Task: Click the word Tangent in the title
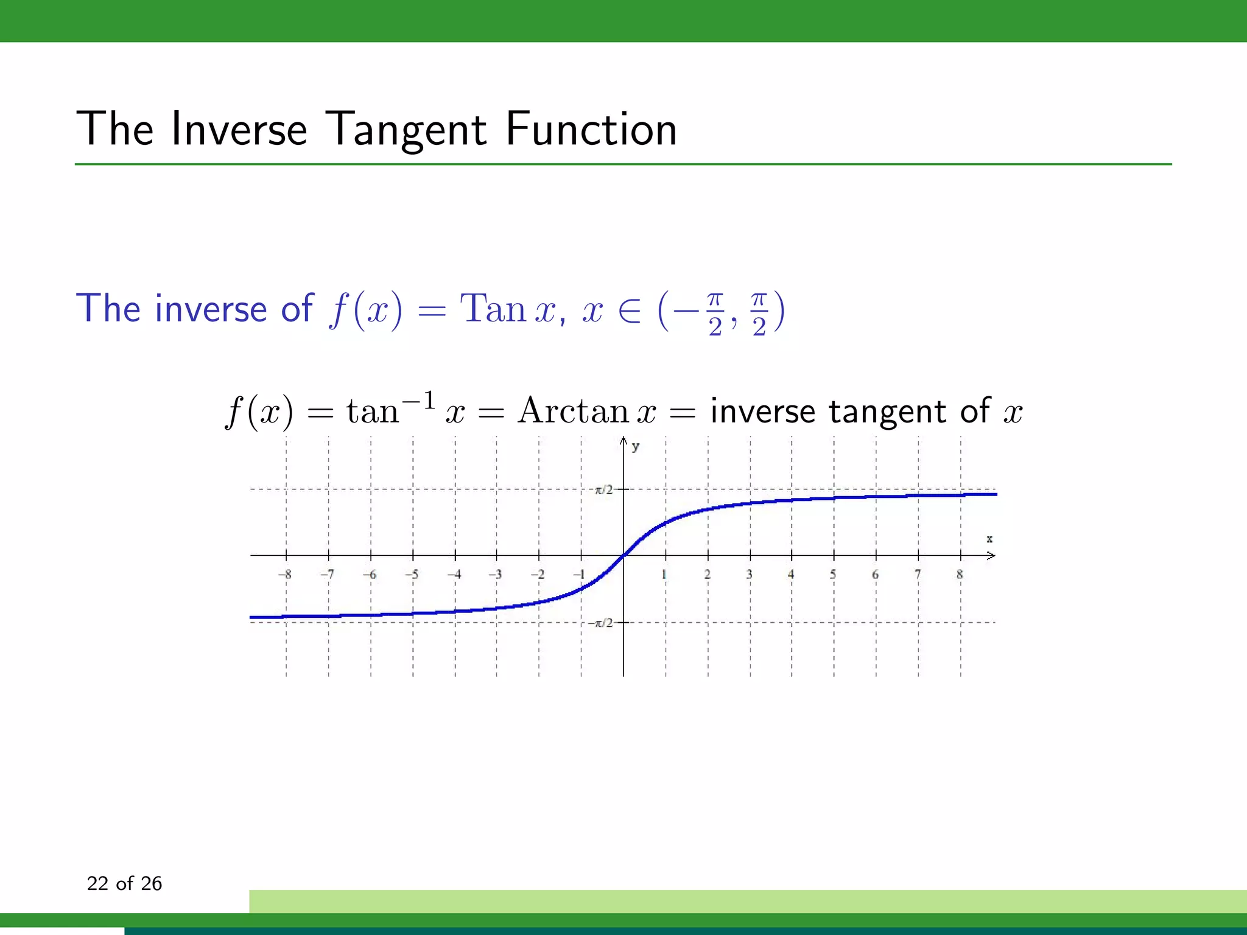[407, 131]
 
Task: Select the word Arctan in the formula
[572, 411]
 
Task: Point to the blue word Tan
[493, 309]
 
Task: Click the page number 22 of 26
[124, 883]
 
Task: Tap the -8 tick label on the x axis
[284, 574]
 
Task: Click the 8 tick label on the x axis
[960, 574]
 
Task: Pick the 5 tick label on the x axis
[833, 574]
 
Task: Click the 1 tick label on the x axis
[664, 574]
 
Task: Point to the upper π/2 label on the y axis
[604, 489]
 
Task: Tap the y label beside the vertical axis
[636, 447]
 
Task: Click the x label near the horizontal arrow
[989, 539]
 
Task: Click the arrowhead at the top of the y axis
[623, 439]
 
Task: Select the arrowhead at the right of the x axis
[991, 555]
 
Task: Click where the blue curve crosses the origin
[623, 555]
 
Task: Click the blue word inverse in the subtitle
[211, 309]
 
